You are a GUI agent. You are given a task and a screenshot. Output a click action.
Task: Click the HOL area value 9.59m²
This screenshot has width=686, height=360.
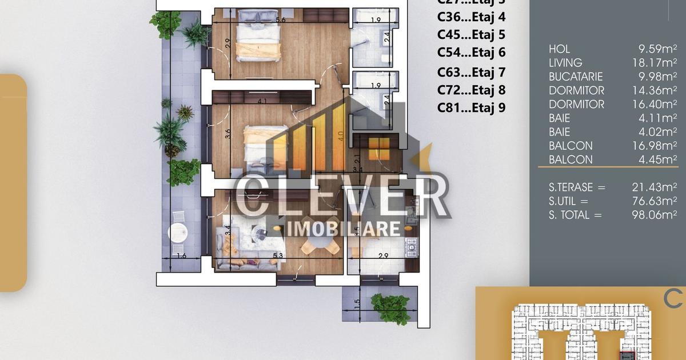(657, 49)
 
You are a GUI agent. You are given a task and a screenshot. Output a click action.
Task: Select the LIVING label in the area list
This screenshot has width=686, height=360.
(565, 63)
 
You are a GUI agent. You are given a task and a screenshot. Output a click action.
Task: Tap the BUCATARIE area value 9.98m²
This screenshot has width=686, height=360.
(657, 77)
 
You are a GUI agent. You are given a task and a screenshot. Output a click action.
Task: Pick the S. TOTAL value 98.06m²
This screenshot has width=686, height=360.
(657, 215)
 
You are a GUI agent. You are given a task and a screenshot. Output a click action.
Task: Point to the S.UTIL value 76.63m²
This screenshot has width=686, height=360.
(657, 201)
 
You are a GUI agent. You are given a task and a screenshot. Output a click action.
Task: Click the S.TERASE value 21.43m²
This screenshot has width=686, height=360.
(657, 187)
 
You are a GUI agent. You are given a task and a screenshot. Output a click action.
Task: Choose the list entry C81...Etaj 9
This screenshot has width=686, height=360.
(471, 107)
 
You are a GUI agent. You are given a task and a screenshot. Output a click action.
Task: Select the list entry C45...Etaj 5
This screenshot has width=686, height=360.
(471, 34)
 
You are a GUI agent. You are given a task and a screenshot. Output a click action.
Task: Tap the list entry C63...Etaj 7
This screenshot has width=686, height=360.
(471, 72)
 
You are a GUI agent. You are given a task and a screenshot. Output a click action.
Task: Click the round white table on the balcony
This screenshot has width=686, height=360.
(178, 233)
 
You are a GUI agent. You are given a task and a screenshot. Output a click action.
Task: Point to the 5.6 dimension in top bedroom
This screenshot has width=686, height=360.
(281, 20)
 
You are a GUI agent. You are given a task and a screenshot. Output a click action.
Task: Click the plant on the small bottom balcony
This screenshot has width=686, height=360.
(390, 308)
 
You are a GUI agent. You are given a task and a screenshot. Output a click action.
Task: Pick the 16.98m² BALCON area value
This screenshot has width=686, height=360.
(657, 146)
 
